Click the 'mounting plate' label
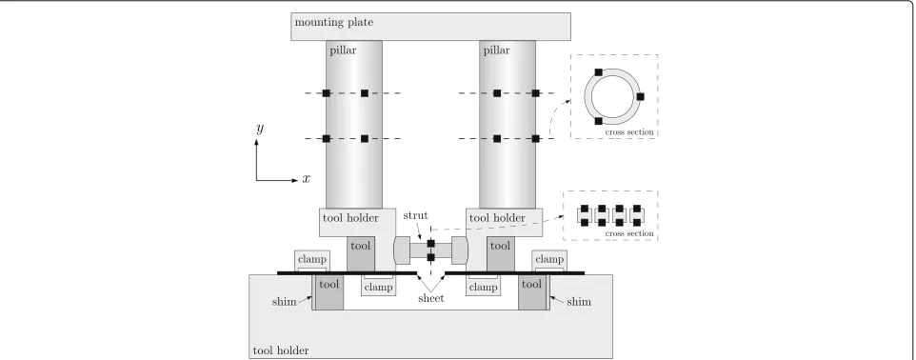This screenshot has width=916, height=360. click(x=333, y=23)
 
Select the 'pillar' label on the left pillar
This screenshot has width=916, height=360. click(x=343, y=50)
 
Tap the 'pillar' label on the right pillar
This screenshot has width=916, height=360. click(x=496, y=50)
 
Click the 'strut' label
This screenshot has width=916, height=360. click(x=415, y=215)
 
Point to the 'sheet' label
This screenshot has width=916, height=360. click(x=431, y=298)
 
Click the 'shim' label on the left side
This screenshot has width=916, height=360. click(x=284, y=302)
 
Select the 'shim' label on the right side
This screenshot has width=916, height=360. click(x=579, y=302)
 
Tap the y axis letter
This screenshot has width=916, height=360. click(x=260, y=129)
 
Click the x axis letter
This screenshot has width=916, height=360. click(x=306, y=179)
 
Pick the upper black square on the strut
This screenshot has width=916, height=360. click(x=431, y=243)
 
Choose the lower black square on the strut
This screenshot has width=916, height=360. click(x=431, y=257)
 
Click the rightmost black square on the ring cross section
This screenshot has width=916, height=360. click(x=640, y=96)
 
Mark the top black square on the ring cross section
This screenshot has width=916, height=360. click(x=598, y=72)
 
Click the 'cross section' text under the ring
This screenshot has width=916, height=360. click(x=629, y=132)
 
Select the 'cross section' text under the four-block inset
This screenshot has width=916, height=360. click(x=629, y=233)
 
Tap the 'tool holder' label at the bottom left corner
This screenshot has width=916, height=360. click(x=280, y=351)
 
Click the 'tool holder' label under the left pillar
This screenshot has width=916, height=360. click(x=350, y=218)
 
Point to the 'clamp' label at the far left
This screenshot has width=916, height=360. click(x=312, y=259)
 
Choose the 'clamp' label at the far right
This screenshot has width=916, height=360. click(x=549, y=259)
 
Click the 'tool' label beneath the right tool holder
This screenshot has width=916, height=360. click(x=500, y=246)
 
